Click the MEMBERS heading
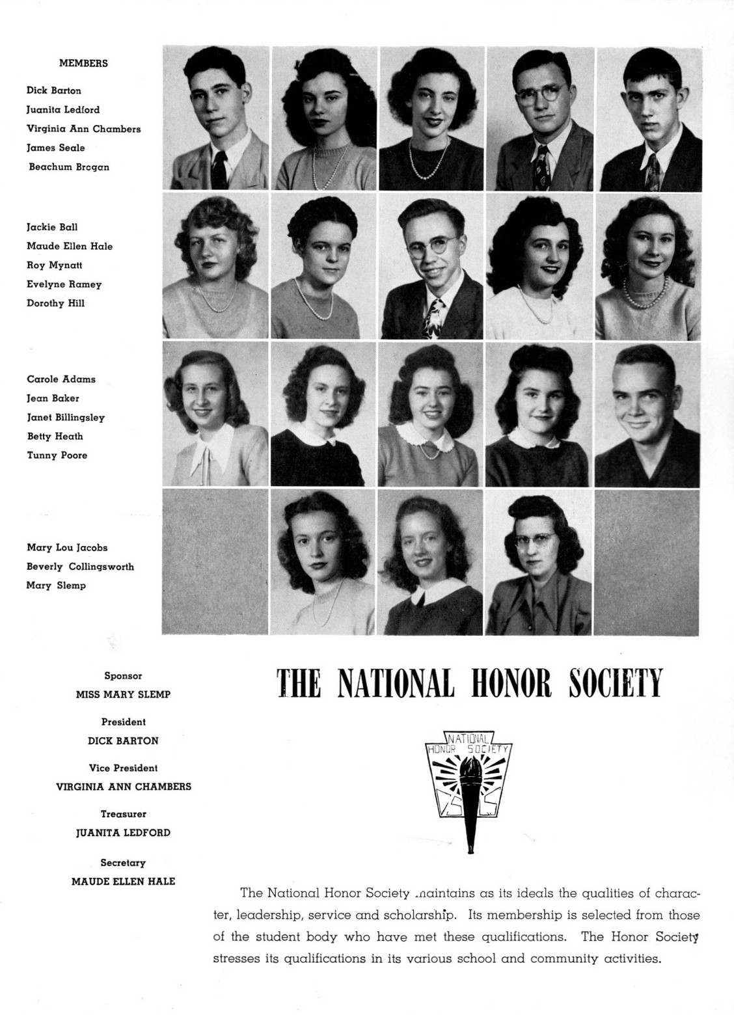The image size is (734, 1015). (83, 64)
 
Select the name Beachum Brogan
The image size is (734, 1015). (69, 167)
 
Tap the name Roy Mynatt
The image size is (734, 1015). (55, 265)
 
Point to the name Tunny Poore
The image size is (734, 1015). (57, 455)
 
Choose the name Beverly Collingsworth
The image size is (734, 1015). (80, 567)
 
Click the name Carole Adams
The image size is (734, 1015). (61, 379)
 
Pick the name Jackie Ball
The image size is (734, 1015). (52, 228)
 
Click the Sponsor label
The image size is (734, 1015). (123, 676)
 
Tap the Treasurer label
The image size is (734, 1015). (123, 814)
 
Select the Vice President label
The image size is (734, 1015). (123, 768)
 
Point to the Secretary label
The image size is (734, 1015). (123, 863)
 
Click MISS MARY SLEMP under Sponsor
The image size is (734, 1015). (123, 694)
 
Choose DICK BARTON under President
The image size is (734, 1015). (123, 740)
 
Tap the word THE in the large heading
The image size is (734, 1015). (299, 683)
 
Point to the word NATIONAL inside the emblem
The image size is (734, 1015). (469, 738)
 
